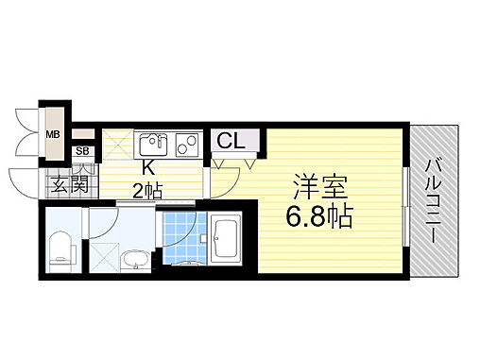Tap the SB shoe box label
(x=81, y=151)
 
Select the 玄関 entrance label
(x=70, y=183)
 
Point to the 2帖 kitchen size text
(x=147, y=192)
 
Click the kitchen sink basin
(x=152, y=145)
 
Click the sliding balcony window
(x=404, y=202)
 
